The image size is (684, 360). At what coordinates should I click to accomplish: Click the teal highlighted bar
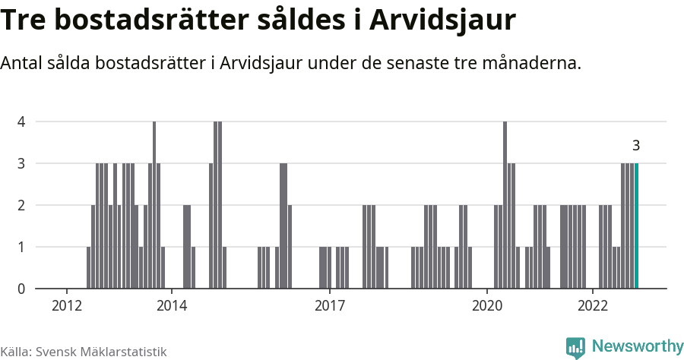point(637,226)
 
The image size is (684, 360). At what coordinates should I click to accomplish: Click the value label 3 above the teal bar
point(636,146)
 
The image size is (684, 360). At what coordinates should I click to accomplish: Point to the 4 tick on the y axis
point(21,122)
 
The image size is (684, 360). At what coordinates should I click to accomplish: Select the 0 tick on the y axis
point(21,289)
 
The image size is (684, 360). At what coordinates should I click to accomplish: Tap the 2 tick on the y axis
point(21,205)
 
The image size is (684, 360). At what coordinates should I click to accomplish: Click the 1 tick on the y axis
point(21,247)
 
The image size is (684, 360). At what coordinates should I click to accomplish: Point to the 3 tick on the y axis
point(21,163)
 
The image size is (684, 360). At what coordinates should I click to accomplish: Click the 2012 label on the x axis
point(67,305)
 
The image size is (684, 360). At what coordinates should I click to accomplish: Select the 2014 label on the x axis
point(172,305)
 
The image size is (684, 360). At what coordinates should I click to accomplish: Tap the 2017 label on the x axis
point(329,305)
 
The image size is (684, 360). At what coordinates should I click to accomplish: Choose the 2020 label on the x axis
point(486,305)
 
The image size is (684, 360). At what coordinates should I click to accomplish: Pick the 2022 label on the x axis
point(592,305)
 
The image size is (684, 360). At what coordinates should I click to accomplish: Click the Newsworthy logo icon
point(575,347)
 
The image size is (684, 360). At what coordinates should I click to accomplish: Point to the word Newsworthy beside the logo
point(637,346)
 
